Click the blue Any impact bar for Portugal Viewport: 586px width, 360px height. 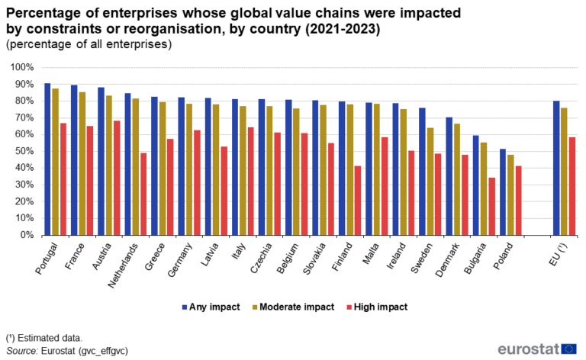click(x=47, y=159)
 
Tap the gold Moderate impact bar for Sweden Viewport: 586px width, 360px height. click(x=431, y=182)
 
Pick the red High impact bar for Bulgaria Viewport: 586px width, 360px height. click(x=491, y=207)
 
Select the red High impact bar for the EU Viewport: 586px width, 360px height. click(x=572, y=186)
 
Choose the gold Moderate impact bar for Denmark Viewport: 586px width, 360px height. click(x=456, y=179)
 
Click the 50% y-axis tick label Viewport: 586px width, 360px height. click(x=21, y=151)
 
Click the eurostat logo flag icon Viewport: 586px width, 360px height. click(x=568, y=349)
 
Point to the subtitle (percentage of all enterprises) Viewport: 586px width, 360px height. click(x=89, y=44)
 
